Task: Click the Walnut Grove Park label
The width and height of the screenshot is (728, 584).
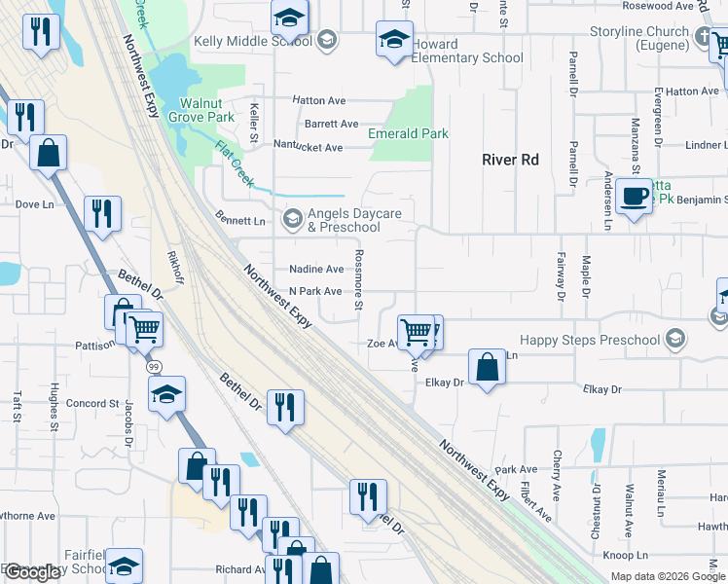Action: coord(207,110)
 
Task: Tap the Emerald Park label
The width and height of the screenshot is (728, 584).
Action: coord(408,133)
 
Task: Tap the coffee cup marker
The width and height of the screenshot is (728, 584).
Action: coord(634,196)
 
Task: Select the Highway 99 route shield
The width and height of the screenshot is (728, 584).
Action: coord(154,368)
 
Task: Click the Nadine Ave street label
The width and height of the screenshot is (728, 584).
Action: coord(316,270)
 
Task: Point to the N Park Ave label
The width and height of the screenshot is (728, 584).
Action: coord(314,292)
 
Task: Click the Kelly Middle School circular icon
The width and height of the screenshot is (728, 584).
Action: coord(328,40)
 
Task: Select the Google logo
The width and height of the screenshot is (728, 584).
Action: coord(33,572)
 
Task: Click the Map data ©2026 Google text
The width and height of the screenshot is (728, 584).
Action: coord(668,575)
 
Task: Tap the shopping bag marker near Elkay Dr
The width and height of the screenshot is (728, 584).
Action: coord(488,368)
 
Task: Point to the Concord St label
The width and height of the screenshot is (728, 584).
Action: coord(92,404)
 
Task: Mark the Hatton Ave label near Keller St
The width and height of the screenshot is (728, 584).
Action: coord(319,100)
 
